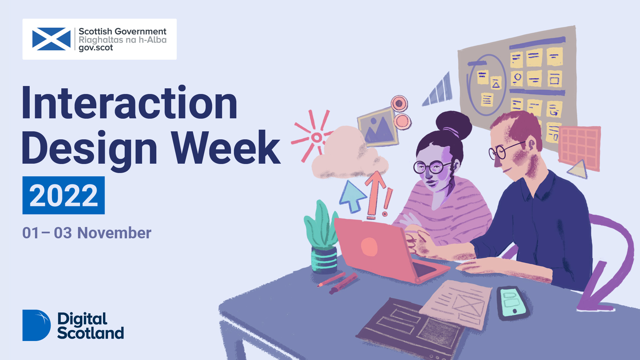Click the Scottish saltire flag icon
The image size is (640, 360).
(51, 39)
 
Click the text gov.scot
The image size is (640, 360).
(96, 48)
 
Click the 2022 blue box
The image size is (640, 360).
(64, 195)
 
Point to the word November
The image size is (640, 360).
(114, 233)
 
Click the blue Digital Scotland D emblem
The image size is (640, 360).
(36, 325)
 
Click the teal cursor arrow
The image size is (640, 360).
(352, 196)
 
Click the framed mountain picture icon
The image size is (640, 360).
(378, 127)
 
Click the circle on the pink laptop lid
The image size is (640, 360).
(369, 247)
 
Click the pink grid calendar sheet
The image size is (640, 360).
(579, 148)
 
